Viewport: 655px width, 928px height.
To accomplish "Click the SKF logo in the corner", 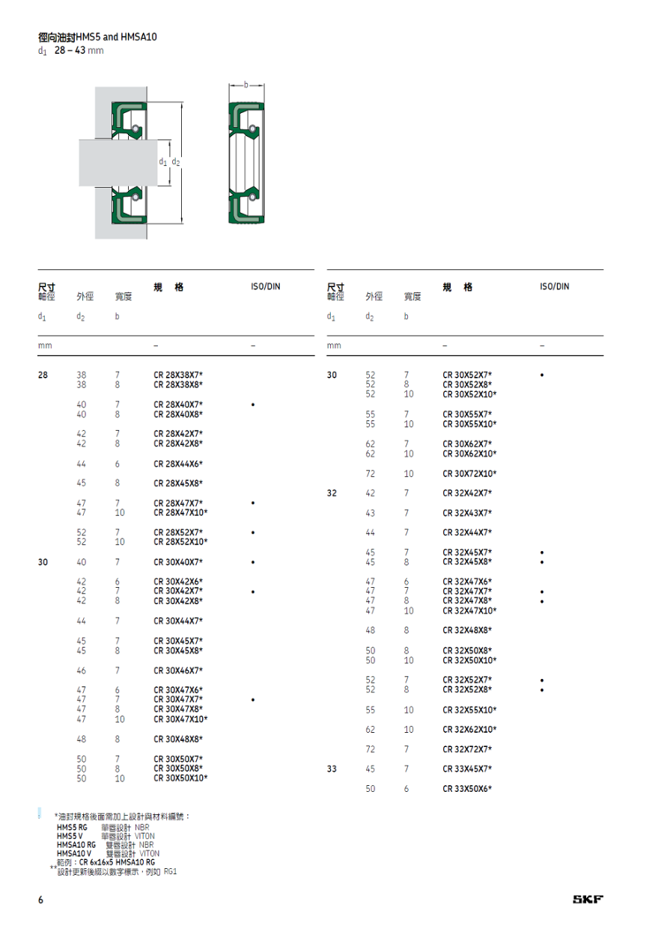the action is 588,899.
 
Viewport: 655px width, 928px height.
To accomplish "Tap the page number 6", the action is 40,900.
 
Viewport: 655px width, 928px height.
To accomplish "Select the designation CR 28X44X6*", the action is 178,464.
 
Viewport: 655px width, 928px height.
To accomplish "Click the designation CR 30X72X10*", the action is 469,473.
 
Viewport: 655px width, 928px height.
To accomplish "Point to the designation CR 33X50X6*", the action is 467,789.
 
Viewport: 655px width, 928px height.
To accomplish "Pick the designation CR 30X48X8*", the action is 178,739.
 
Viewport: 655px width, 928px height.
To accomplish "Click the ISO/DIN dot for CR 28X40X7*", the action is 253,405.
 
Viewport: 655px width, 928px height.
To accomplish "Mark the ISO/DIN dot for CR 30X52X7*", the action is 542,375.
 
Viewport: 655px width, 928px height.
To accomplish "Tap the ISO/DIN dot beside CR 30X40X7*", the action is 253,562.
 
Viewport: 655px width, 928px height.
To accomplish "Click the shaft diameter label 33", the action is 332,769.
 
